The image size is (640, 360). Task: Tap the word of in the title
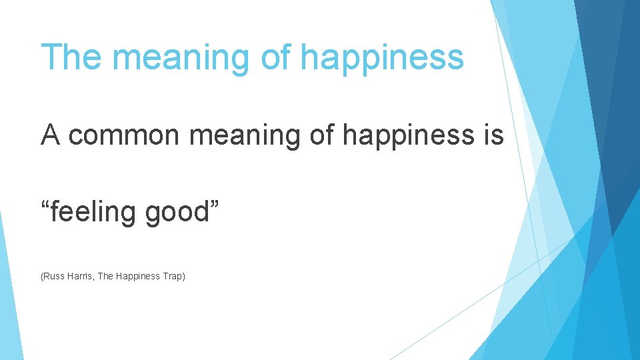pos(275,57)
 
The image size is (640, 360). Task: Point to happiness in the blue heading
pos(382,58)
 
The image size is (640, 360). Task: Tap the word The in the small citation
pos(105,275)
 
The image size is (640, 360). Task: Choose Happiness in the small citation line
pos(138,276)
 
